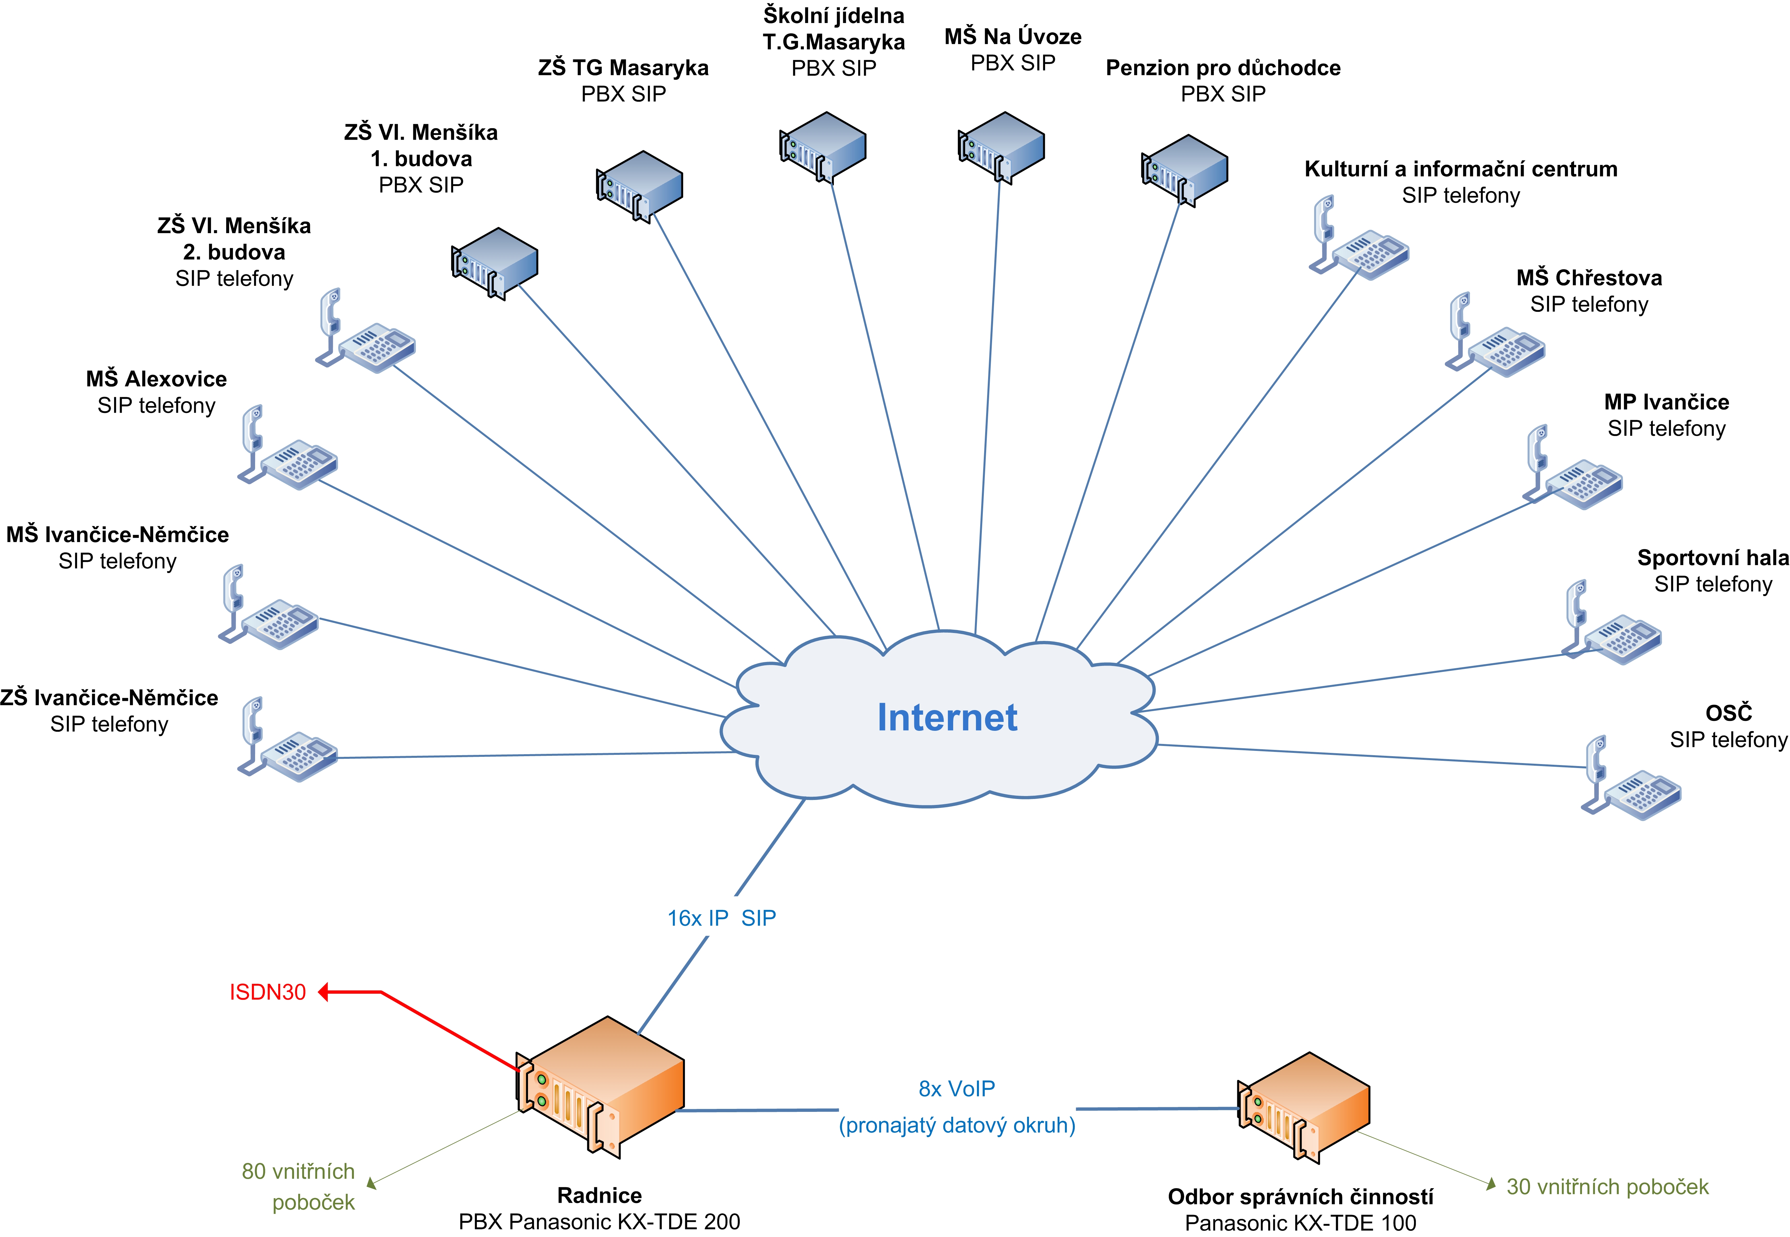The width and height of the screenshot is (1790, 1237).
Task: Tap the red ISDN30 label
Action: pyautogui.click(x=268, y=992)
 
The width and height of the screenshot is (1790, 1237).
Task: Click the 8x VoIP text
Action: pyautogui.click(x=956, y=1089)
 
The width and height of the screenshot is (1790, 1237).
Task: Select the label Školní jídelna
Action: pyautogui.click(x=834, y=15)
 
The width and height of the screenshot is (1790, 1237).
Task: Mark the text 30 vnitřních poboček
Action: pyautogui.click(x=1608, y=1187)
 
